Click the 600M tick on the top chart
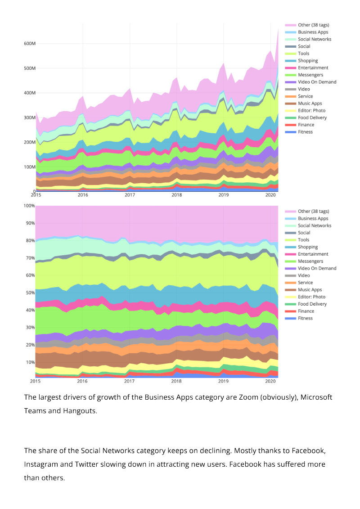[x=30, y=44]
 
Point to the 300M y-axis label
[x=30, y=117]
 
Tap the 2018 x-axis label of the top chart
[x=176, y=195]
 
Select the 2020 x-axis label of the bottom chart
[x=270, y=381]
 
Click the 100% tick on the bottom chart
[x=29, y=206]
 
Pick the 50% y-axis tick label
[x=30, y=293]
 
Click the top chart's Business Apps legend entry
[x=313, y=32]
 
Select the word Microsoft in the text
[x=316, y=397]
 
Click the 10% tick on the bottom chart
[x=30, y=362]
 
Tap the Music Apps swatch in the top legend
[x=291, y=104]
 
